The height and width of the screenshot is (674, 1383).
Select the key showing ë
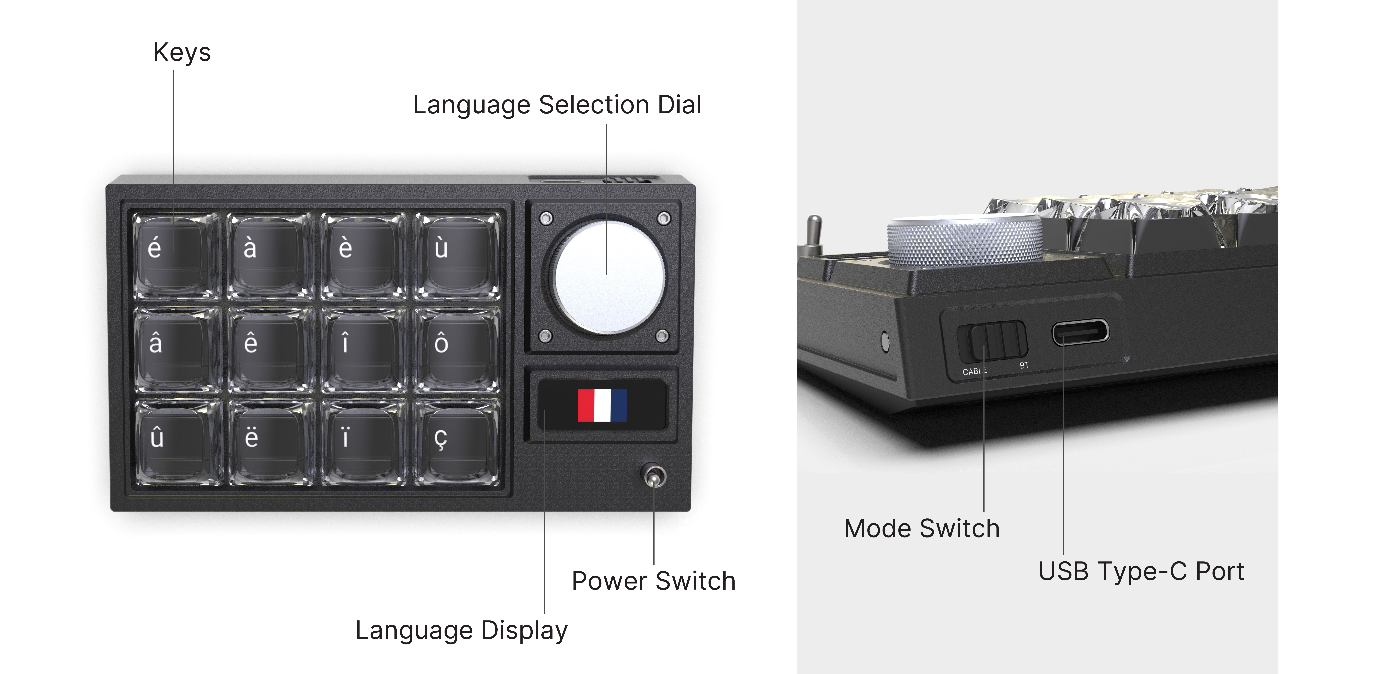270,442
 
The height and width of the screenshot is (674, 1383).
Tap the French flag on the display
602,405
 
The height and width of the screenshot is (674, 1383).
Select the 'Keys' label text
182,53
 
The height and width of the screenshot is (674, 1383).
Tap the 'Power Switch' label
653,581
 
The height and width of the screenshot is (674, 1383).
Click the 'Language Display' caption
461,631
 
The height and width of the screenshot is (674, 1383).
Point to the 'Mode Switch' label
922,529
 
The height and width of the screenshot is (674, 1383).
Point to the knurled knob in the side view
965,241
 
